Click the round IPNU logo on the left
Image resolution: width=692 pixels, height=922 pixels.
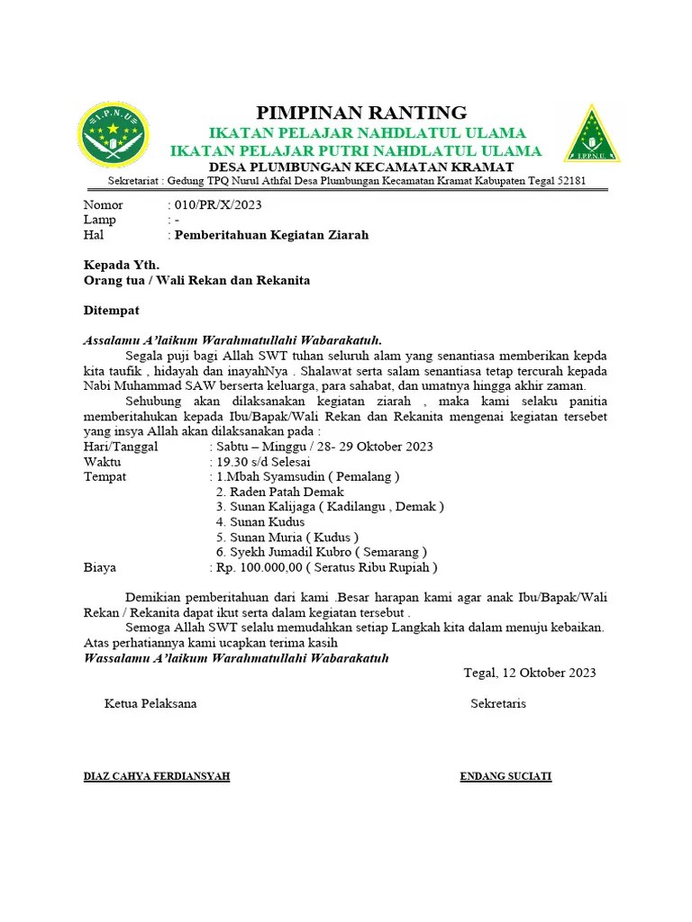114,136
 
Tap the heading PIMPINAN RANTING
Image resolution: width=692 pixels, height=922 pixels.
362,113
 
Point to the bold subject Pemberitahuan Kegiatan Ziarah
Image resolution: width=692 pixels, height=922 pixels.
271,235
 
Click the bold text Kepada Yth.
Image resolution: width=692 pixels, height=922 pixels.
121,265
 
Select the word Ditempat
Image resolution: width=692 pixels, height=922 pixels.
112,310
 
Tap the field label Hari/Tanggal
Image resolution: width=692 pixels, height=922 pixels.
121,446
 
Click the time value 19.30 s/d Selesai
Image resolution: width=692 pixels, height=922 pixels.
263,461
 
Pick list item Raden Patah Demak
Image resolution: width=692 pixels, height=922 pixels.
280,492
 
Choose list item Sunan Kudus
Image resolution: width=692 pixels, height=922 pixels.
260,521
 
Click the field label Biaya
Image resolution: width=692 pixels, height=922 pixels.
100,567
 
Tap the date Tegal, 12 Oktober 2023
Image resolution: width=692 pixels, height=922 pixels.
529,673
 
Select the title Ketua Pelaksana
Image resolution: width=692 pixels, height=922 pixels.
150,703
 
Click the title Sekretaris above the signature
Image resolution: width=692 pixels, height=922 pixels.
497,703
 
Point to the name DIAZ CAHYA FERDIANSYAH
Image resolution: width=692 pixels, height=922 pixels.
156,776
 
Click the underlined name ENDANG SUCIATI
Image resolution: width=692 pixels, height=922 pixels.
505,776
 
